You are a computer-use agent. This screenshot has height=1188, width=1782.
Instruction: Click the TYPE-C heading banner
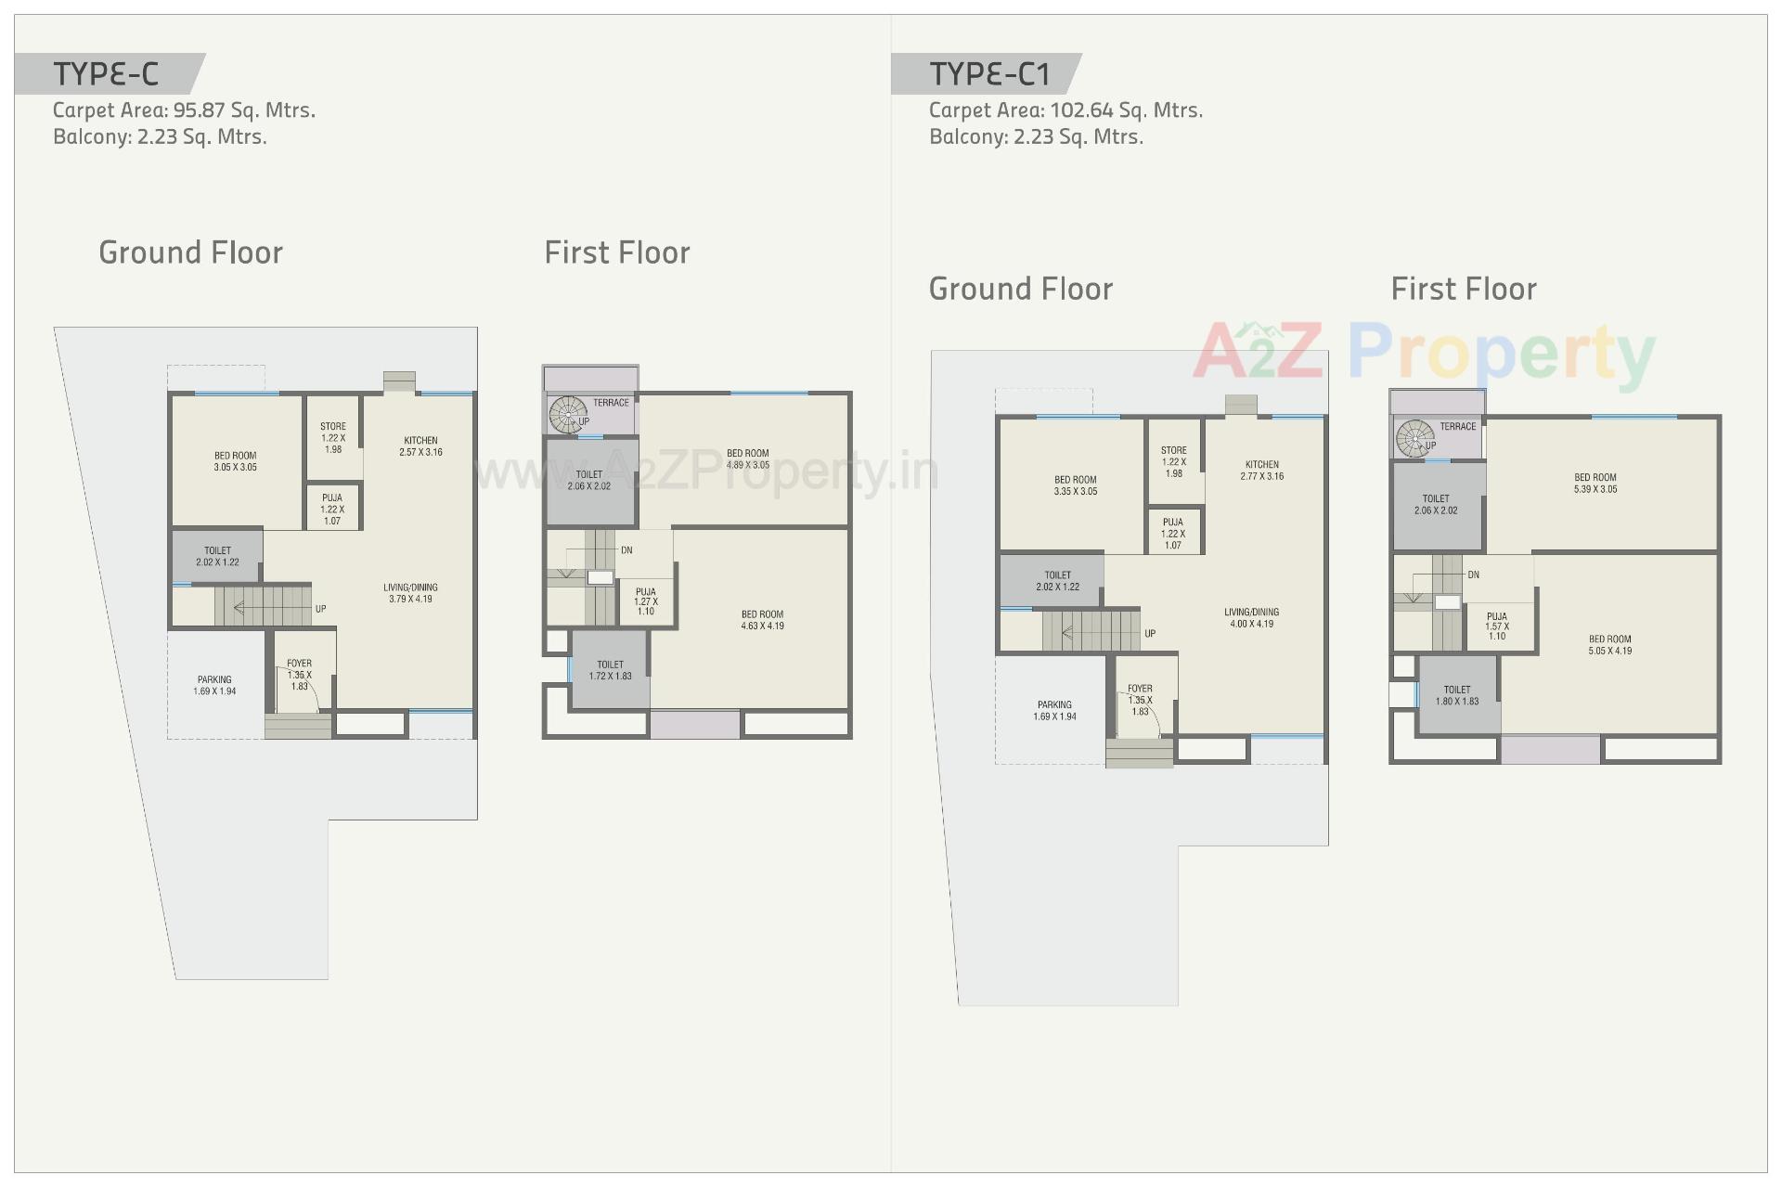(107, 73)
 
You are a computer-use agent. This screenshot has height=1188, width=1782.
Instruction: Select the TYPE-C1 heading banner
(988, 73)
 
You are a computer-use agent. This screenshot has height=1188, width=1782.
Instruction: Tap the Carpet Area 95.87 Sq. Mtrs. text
(184, 110)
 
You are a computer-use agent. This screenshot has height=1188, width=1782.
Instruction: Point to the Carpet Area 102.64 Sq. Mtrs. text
(1065, 110)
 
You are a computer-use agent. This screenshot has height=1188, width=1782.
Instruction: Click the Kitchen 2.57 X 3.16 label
(420, 446)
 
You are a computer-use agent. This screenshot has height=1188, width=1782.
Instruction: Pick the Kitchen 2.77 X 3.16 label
(1261, 471)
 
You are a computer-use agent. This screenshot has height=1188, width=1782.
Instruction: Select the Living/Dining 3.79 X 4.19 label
(410, 593)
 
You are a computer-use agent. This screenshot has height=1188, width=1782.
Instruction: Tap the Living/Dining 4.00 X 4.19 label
(1251, 618)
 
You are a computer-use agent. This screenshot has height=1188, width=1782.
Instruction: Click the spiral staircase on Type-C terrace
(565, 414)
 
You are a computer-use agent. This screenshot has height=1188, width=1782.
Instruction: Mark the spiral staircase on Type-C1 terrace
(1414, 438)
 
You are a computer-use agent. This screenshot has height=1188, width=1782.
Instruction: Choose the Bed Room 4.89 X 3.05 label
(747, 459)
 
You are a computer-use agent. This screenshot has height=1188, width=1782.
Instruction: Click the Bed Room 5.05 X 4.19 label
(1609, 645)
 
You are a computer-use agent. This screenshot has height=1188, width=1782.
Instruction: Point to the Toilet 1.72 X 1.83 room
(610, 670)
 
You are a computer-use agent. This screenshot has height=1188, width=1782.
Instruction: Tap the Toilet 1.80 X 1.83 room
(1457, 695)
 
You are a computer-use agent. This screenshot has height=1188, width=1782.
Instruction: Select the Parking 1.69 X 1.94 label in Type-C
(214, 685)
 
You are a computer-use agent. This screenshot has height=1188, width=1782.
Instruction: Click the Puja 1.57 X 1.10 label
(1496, 626)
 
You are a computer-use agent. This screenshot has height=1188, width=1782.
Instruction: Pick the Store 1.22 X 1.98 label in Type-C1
(1173, 461)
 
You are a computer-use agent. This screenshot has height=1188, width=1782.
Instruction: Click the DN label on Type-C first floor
(626, 550)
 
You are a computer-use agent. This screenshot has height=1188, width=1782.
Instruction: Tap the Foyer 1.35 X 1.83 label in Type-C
(299, 675)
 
